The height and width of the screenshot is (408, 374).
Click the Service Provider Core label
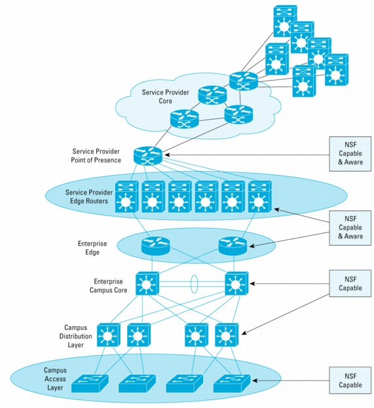click(x=166, y=96)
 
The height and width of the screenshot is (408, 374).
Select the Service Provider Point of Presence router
click(x=148, y=156)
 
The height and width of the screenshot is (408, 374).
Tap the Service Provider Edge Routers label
click(x=88, y=196)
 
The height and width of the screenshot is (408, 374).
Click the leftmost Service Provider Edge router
click(x=127, y=196)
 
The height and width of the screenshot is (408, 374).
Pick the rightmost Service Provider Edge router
click(x=260, y=196)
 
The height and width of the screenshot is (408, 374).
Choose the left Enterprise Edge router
click(x=156, y=246)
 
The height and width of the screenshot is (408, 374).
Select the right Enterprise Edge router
click(x=233, y=246)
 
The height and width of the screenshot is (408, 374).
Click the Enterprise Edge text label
click(x=92, y=248)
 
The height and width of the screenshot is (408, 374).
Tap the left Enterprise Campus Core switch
click(x=147, y=284)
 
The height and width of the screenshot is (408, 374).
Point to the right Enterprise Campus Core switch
click(x=236, y=284)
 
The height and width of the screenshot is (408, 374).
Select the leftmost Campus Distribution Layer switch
click(x=109, y=335)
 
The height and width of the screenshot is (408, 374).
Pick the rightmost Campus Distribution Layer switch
click(x=227, y=335)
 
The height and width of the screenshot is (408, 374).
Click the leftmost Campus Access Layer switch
click(x=90, y=384)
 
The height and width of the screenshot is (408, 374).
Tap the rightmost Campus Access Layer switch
click(x=232, y=384)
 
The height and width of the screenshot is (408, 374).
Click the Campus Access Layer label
click(x=55, y=379)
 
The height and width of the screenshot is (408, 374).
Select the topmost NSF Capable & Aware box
click(x=350, y=154)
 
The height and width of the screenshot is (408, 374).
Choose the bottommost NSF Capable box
click(x=350, y=380)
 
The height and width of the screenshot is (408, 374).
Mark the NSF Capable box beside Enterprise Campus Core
click(x=350, y=284)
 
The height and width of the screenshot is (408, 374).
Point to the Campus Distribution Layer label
click(x=75, y=336)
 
